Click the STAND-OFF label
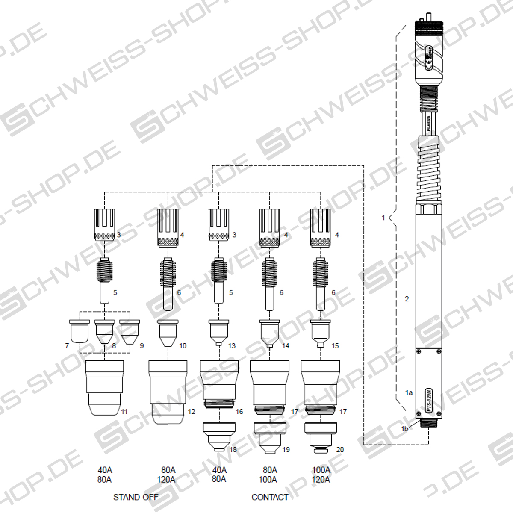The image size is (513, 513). [x=136, y=497]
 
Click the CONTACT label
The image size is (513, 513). [x=270, y=497]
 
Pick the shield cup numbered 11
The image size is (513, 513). [x=105, y=387]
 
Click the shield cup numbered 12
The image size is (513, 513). [x=168, y=391]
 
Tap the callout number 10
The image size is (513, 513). [x=183, y=345]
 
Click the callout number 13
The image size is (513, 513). [x=232, y=345]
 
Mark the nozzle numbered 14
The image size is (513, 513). [x=270, y=332]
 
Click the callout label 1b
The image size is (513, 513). [x=404, y=427]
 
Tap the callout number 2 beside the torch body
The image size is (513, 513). [x=407, y=299]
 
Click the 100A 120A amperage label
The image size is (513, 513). [x=321, y=475]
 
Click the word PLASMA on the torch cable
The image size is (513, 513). [x=429, y=126]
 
